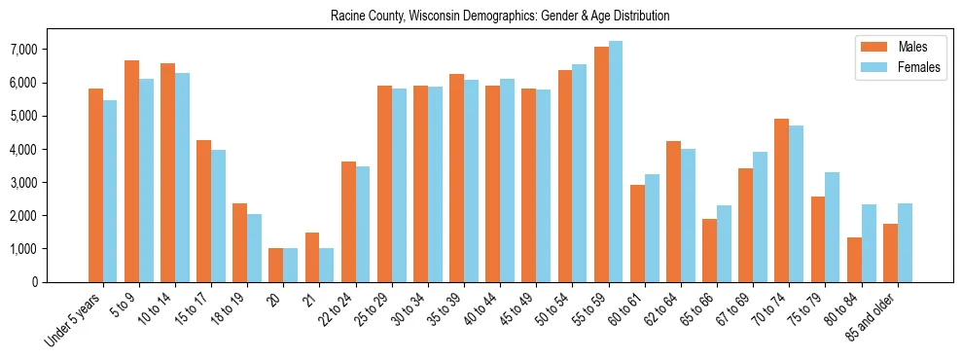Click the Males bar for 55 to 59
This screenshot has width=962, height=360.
coord(601,164)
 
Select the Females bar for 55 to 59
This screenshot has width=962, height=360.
coord(616,162)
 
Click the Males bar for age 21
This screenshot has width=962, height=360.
coord(312,258)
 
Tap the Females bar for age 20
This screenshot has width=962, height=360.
coord(291,266)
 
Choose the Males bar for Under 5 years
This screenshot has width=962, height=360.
coord(95,185)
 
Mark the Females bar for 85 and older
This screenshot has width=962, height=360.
coord(905,243)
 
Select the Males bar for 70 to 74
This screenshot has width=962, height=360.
coord(782,200)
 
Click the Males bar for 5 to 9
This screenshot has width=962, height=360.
coord(131,171)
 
